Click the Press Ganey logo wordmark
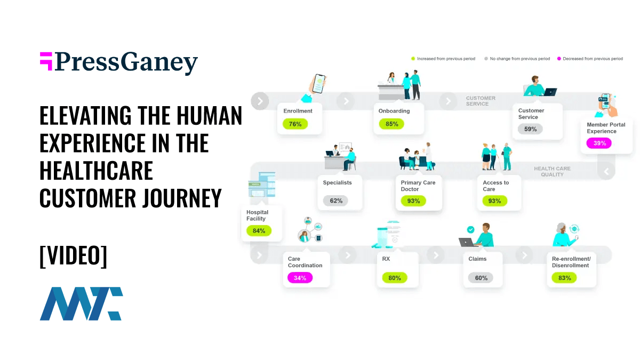(x=118, y=63)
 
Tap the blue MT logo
(x=82, y=303)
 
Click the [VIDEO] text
(x=74, y=255)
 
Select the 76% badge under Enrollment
(x=295, y=124)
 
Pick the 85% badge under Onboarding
(x=391, y=124)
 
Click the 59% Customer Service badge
(x=530, y=129)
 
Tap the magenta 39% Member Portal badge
(x=599, y=143)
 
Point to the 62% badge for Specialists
(x=335, y=201)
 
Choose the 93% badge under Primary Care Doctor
(x=413, y=201)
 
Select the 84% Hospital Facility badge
(x=259, y=231)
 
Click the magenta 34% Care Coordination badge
(x=300, y=278)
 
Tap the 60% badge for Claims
(x=481, y=278)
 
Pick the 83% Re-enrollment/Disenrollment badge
(x=564, y=278)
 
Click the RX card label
(x=386, y=259)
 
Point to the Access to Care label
(x=495, y=186)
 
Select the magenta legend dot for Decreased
(x=559, y=59)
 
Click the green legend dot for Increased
(x=413, y=59)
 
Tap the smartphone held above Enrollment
(x=319, y=83)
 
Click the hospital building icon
(x=262, y=185)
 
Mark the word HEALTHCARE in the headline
(x=97, y=170)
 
